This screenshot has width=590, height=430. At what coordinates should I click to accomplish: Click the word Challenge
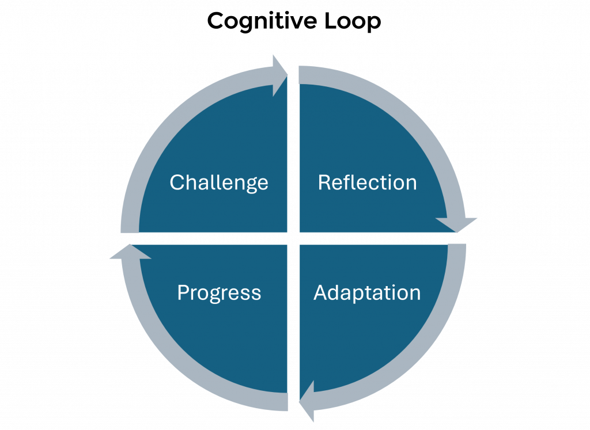coord(219,182)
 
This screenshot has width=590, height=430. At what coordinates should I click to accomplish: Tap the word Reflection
coord(367,182)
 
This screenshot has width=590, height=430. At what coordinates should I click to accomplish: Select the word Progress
coord(219,292)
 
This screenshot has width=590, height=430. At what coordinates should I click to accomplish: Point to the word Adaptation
coord(367,292)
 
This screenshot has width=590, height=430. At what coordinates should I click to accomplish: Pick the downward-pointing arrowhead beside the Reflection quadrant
coord(457,224)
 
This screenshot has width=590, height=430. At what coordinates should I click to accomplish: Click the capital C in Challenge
coord(176,182)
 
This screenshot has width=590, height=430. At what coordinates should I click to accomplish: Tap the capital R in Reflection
coord(324,182)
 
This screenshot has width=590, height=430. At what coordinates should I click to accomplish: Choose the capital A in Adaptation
coord(320,292)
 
